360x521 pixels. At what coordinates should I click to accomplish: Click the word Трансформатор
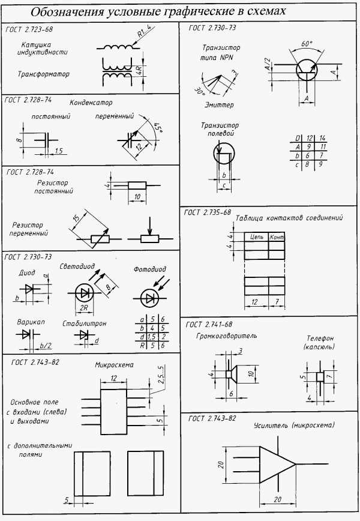click(x=44, y=74)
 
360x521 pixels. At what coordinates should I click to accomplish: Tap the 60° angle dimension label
click(x=307, y=44)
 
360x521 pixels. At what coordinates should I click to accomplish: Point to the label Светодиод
click(x=77, y=267)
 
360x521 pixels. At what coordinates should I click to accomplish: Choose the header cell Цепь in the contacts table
click(x=257, y=236)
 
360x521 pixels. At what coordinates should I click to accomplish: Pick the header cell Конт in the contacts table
click(x=277, y=236)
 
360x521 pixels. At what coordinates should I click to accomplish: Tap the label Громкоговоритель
click(x=226, y=336)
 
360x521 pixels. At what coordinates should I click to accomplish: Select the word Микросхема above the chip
click(x=114, y=365)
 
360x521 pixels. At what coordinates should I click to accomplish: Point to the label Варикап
click(x=31, y=322)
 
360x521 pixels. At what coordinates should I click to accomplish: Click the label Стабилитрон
click(x=85, y=324)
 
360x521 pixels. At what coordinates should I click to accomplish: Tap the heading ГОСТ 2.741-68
click(x=209, y=325)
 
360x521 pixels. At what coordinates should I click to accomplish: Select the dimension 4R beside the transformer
click(x=139, y=70)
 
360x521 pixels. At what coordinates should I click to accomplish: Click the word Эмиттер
click(x=219, y=105)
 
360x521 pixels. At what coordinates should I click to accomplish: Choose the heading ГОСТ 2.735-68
click(x=207, y=212)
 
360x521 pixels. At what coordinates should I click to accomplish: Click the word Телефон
click(x=320, y=339)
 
